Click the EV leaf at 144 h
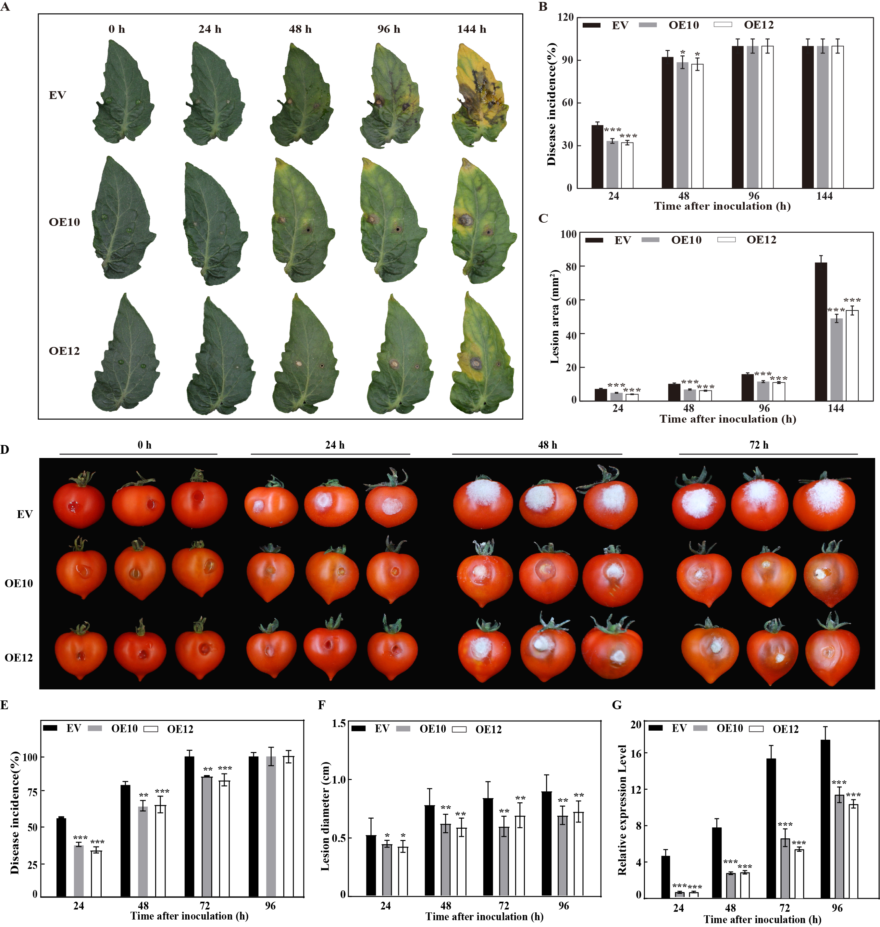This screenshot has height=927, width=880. [479, 94]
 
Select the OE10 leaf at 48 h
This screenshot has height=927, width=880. [303, 220]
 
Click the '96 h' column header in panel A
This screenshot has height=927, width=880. [389, 29]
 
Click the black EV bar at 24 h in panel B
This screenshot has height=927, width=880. [597, 157]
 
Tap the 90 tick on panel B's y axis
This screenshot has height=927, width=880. [568, 60]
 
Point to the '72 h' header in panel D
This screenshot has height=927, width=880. [759, 445]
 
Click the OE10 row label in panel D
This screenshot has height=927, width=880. [19, 583]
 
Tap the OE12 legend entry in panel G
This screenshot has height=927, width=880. [785, 729]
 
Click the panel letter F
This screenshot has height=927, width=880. [322, 705]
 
